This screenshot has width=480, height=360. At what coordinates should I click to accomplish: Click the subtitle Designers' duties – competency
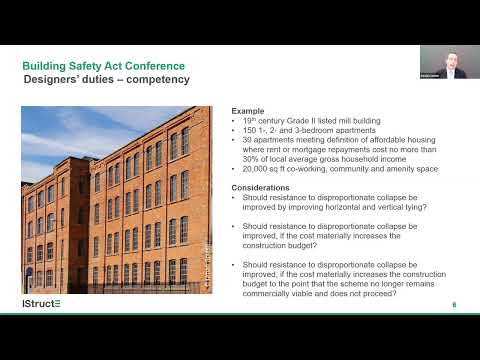click(x=106, y=80)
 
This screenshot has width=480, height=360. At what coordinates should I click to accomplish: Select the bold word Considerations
click(x=263, y=187)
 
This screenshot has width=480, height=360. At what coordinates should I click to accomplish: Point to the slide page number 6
click(x=455, y=304)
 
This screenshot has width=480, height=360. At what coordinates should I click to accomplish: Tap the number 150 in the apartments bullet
click(x=251, y=130)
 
